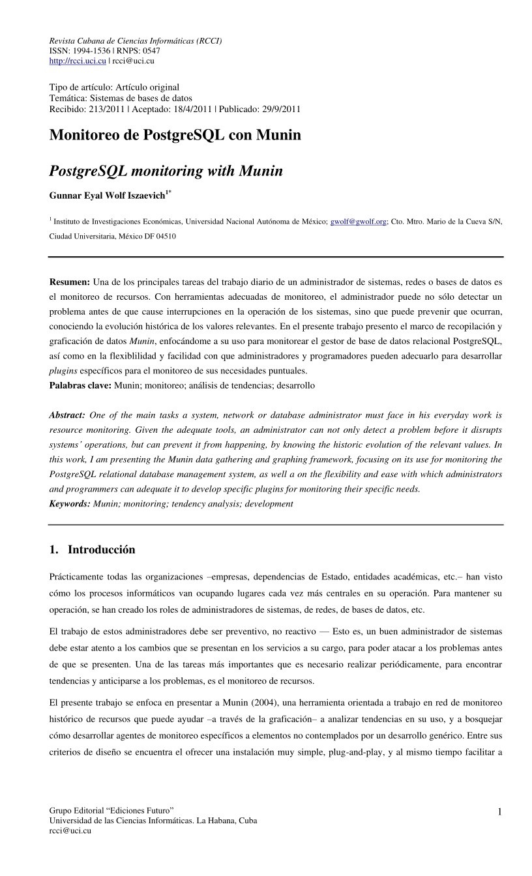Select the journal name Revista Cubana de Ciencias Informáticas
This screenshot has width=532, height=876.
pos(136,40)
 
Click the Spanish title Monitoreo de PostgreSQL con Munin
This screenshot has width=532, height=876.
pos(175,135)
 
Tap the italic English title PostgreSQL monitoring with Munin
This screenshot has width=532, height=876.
pos(166,171)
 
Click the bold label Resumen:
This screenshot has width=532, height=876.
pos(70,282)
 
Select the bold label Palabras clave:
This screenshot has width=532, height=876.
pos(80,385)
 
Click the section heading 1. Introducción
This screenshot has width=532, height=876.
pos(93,549)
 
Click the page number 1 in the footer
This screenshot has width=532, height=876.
pos(499,811)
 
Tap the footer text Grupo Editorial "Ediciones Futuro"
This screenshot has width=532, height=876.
pos(111,810)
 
